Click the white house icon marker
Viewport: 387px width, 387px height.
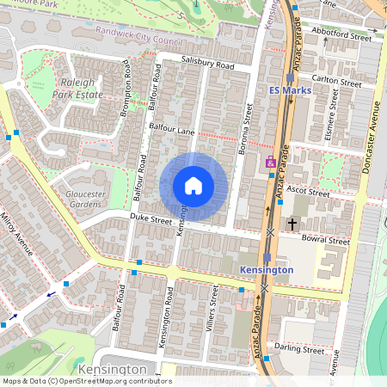coord(193,186)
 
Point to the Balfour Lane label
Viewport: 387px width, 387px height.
coord(173,127)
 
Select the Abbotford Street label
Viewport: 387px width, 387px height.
coord(341,34)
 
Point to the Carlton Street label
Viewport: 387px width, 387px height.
coord(337,81)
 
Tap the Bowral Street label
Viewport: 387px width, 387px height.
coord(328,241)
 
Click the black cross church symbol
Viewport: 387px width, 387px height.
coord(292,224)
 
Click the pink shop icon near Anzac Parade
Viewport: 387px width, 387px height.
coord(271,163)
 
